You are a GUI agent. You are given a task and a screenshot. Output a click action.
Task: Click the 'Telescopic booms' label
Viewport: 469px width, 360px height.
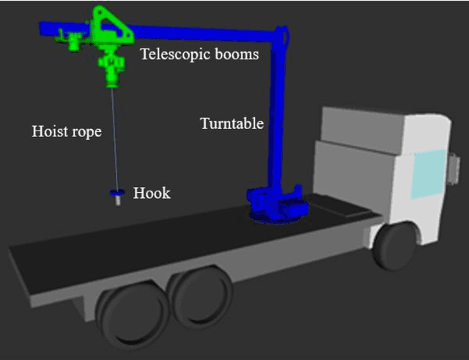click(x=199, y=54)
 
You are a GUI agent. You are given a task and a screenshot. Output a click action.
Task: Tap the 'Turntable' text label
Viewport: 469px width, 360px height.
click(x=232, y=124)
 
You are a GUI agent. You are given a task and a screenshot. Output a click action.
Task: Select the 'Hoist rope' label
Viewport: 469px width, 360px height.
click(x=66, y=132)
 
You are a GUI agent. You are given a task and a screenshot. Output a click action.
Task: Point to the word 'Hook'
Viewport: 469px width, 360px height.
click(x=152, y=194)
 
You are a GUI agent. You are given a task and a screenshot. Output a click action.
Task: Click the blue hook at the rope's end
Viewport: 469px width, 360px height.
click(x=116, y=194)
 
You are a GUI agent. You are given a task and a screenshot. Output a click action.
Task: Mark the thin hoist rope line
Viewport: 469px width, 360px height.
click(x=114, y=139)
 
